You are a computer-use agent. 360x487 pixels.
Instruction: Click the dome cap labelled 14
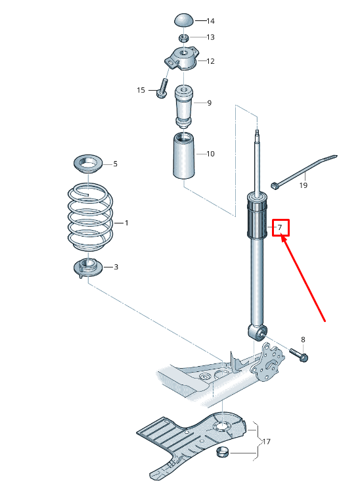coord(184,20)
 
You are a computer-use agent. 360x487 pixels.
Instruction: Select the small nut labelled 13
coord(185,37)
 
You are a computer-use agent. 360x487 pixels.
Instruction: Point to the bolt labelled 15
coord(161,90)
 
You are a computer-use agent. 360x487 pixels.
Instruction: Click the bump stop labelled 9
coord(185,105)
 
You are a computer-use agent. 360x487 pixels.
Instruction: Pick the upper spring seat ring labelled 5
coord(87,164)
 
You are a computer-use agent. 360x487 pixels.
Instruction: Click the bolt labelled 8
coord(299,356)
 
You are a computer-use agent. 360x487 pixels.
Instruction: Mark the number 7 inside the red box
coord(281,228)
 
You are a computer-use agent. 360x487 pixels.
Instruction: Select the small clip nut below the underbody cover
coord(223,452)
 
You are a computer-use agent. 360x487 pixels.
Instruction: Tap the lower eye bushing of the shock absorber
coord(258,332)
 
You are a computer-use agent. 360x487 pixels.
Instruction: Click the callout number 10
coord(210,154)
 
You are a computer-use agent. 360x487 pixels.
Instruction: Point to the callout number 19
coord(303,186)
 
